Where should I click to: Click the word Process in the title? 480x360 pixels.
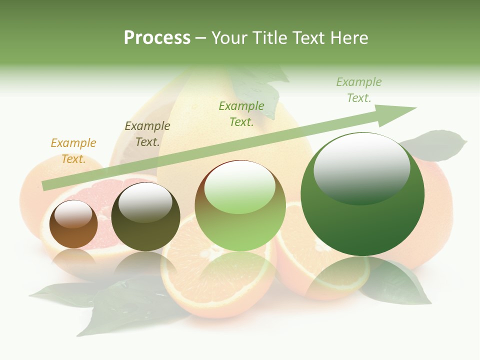click(x=157, y=38)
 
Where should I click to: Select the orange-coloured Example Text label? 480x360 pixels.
click(x=73, y=151)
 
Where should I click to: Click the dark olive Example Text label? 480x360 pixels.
click(x=147, y=134)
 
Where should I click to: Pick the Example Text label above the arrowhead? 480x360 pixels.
click(x=359, y=90)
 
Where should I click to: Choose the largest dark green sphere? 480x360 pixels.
click(x=362, y=225)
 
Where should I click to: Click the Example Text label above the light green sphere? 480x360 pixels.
click(x=241, y=113)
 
